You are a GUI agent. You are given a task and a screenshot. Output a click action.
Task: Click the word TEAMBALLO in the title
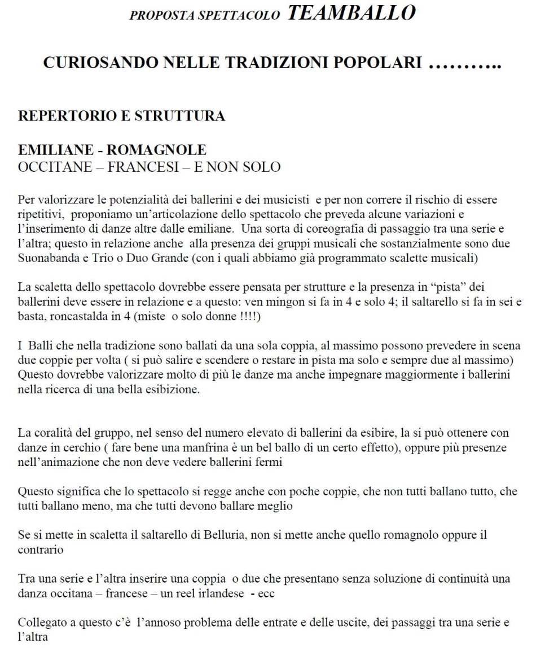click(351, 12)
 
